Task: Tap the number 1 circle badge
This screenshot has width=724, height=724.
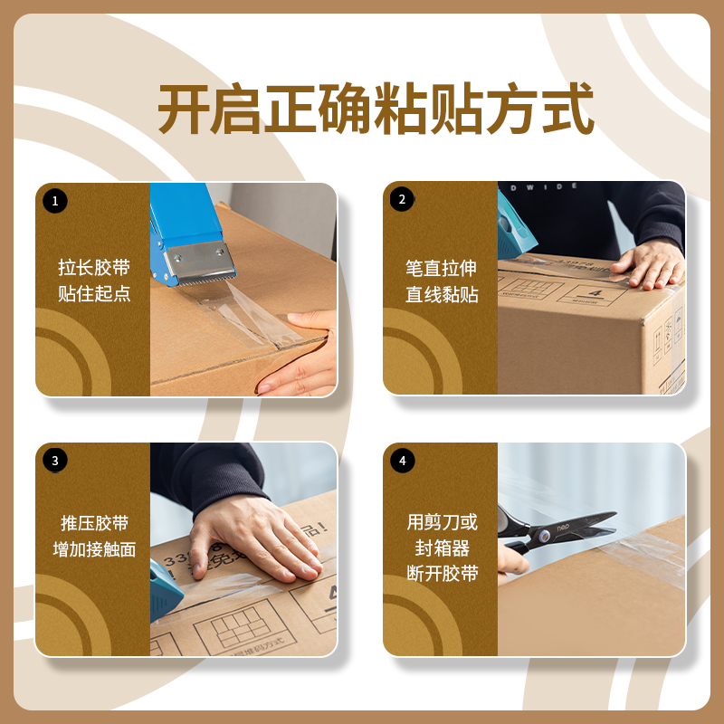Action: pos(55,201)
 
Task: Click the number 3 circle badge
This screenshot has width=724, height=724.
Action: pos(55,461)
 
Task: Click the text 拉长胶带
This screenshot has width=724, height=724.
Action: pos(94,268)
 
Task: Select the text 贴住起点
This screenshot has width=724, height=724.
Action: pos(94,294)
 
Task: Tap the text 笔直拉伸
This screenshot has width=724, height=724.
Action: pos(441,269)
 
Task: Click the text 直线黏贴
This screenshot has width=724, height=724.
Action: pos(441,295)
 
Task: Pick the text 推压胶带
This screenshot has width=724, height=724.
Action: pos(94,523)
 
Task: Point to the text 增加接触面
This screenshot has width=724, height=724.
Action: pos(94,549)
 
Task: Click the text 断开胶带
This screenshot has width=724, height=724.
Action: pos(441,574)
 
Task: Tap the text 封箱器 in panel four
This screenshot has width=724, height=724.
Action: pos(441,548)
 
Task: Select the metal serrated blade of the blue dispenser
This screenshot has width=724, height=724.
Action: pos(199,266)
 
